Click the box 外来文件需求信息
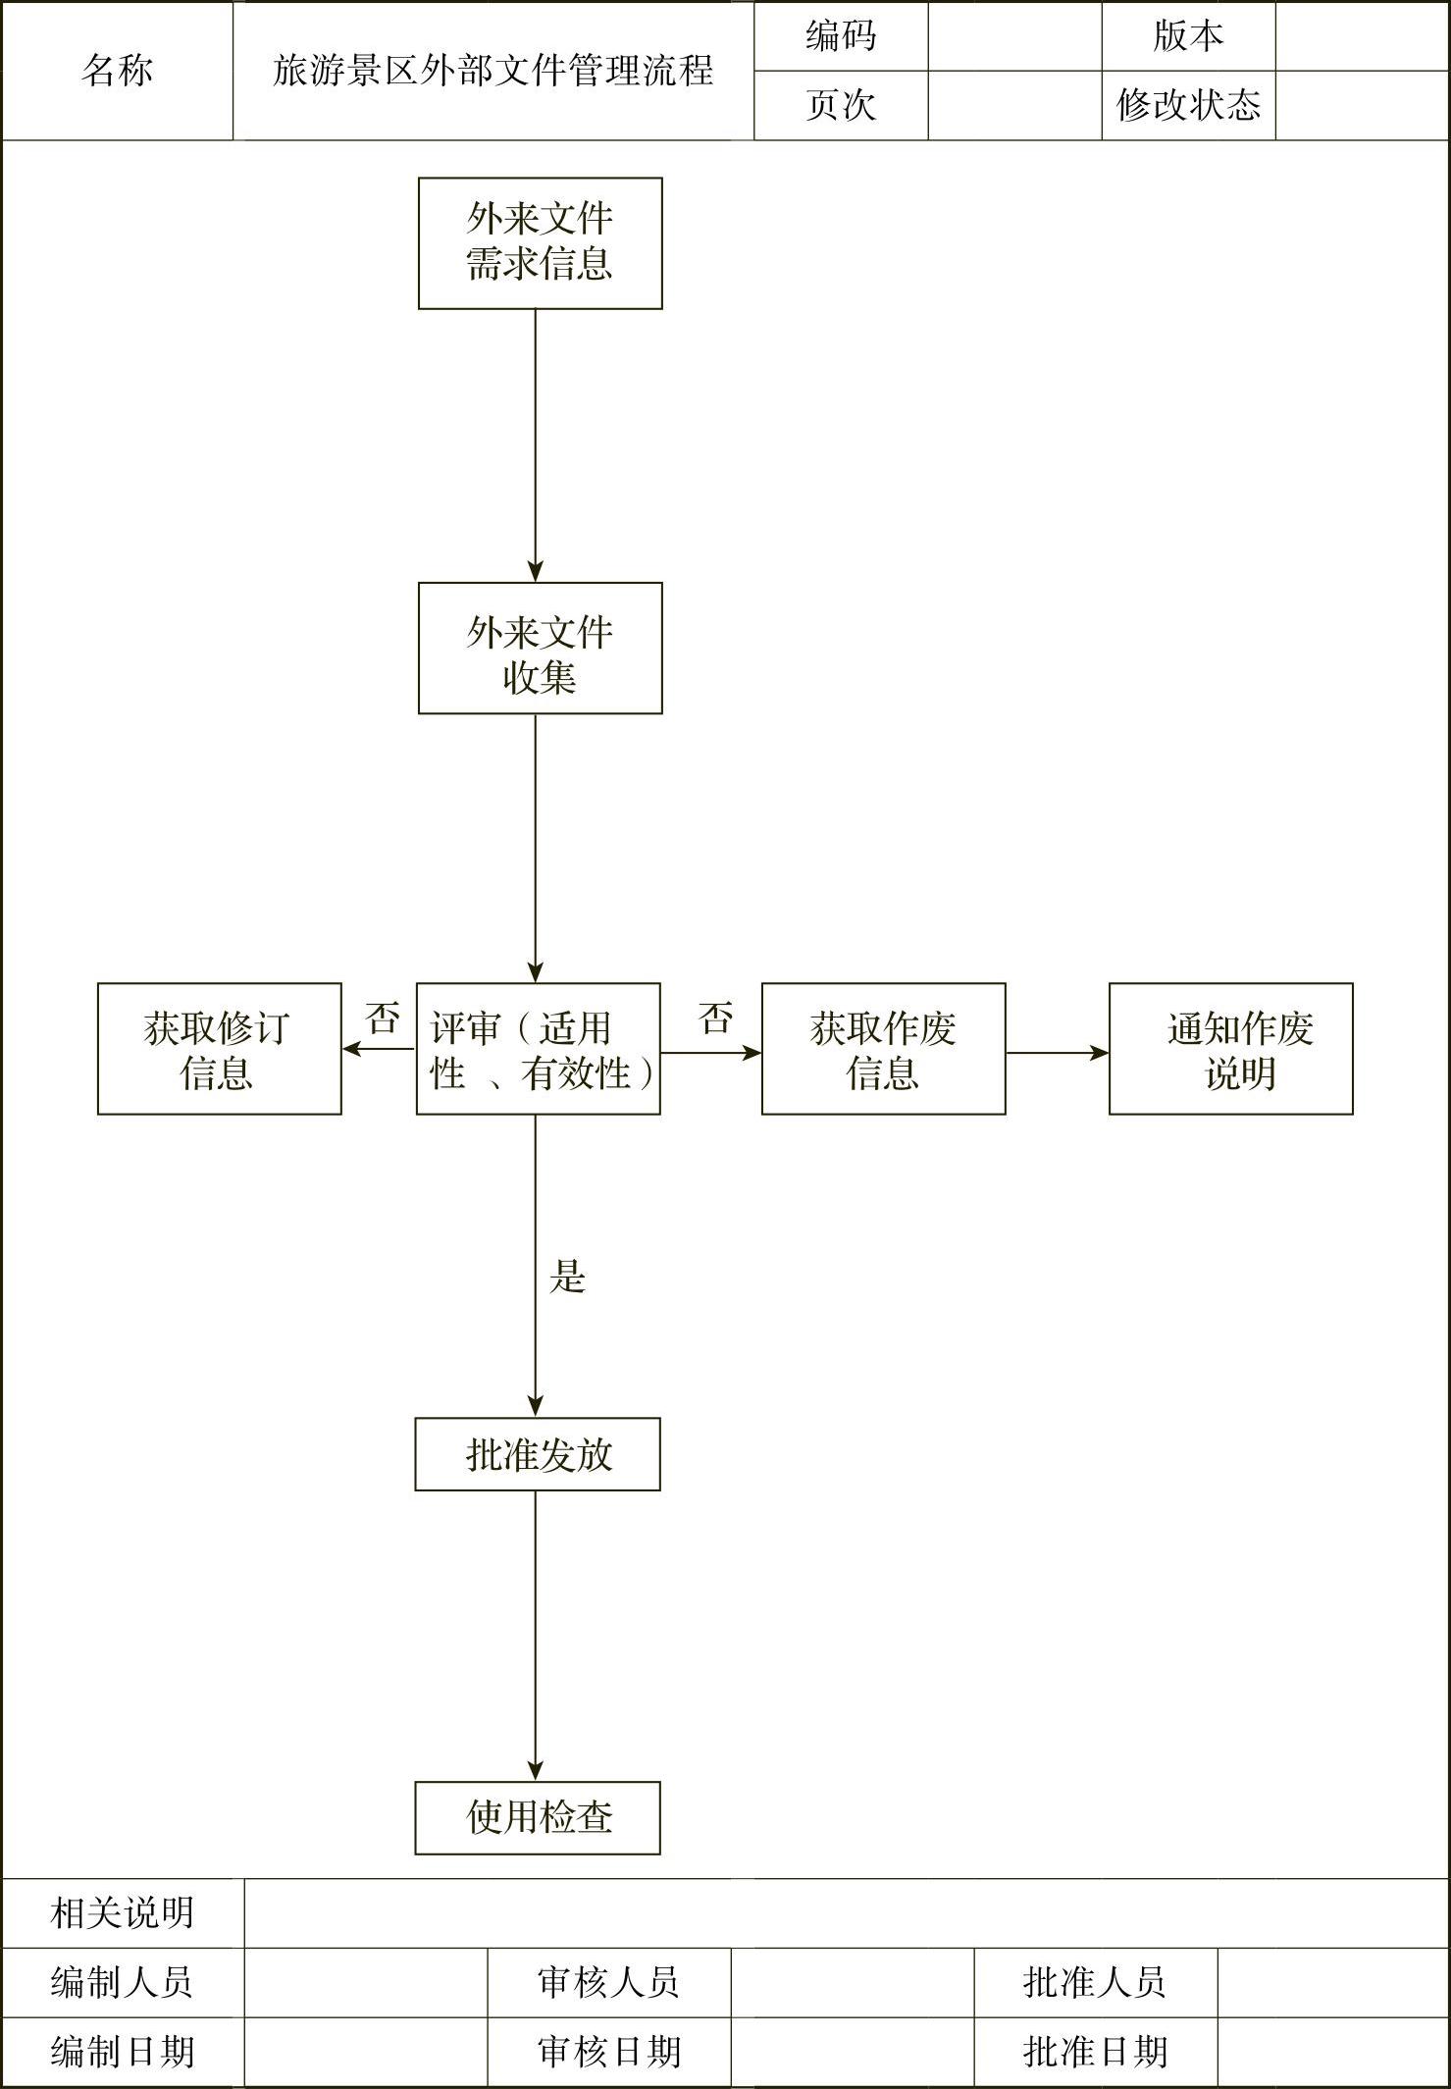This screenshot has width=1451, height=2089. click(540, 243)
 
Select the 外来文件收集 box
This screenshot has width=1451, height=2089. click(540, 648)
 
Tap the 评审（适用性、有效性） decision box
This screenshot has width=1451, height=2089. click(538, 1049)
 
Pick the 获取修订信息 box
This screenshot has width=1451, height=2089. click(219, 1049)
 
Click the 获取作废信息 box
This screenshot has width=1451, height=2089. click(883, 1049)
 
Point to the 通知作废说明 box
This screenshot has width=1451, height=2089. click(1230, 1049)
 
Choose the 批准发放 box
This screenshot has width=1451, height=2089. click(538, 1454)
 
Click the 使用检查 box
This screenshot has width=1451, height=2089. click(538, 1818)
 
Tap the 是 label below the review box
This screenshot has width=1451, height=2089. click(567, 1277)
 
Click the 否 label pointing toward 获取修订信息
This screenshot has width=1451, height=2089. click(383, 1018)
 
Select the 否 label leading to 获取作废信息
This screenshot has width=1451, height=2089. click(716, 1018)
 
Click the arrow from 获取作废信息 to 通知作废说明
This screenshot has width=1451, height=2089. click(1057, 1053)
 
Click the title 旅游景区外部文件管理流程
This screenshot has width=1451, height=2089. click(492, 71)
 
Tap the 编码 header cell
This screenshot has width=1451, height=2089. click(841, 36)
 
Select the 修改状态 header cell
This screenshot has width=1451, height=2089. click(1188, 105)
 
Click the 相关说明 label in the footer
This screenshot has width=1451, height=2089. click(123, 1912)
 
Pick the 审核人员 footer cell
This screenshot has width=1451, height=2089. click(608, 1982)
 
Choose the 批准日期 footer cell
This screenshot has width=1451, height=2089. click(1095, 2052)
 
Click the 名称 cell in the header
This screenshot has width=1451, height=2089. click(117, 71)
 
